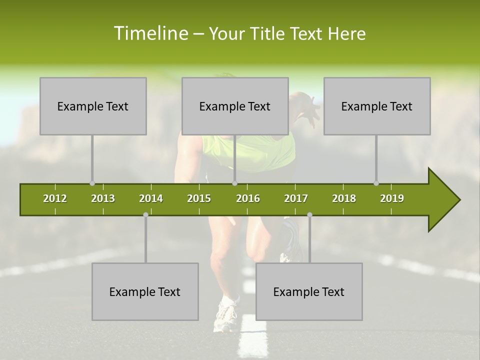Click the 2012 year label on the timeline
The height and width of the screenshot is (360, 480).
pos(55,198)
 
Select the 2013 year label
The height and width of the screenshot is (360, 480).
pos(103,198)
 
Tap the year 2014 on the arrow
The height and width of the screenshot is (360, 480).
pos(151,198)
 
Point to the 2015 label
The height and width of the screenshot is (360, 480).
pos(199,198)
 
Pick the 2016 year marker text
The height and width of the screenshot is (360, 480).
pos(248,198)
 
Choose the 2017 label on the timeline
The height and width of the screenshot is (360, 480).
pos(296,198)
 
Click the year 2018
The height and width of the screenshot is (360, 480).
pos(344,198)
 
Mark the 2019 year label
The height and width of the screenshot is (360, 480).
pos(392,198)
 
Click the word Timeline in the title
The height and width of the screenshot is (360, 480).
pos(151,33)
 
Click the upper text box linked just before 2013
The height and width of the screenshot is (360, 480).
pos(93,106)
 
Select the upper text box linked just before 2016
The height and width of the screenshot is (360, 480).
pos(235,106)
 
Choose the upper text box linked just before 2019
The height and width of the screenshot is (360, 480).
pos(377,106)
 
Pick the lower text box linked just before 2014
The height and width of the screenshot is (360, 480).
pos(145,291)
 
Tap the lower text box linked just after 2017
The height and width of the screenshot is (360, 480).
pos(309,291)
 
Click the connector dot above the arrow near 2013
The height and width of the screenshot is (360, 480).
pos(92,183)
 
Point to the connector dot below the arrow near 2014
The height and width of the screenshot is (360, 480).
pos(145,214)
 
